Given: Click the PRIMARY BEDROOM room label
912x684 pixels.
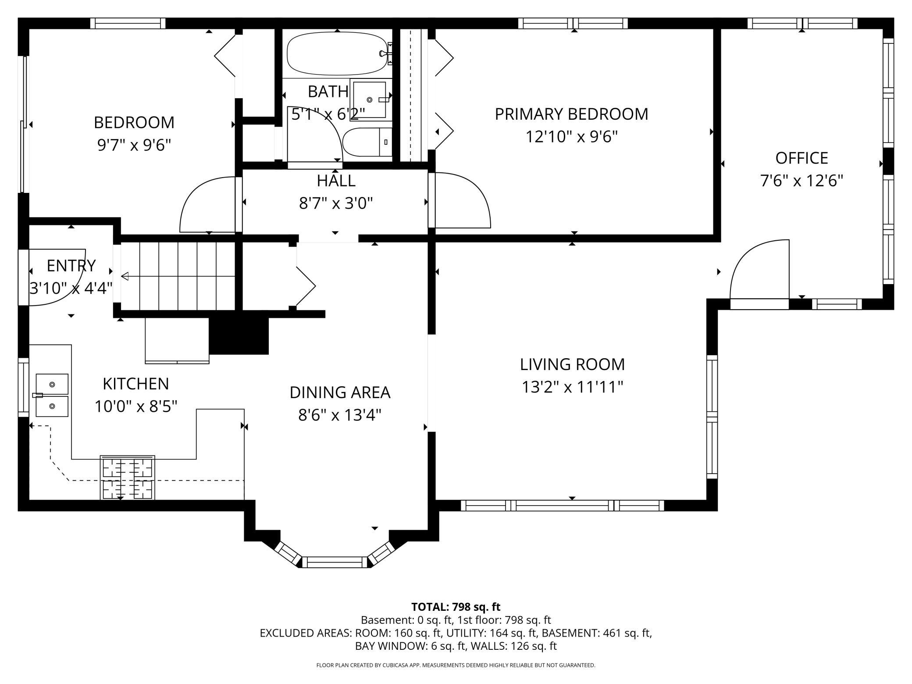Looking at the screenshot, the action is pyautogui.click(x=571, y=114).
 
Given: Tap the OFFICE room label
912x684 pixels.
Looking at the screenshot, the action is pyautogui.click(x=802, y=158).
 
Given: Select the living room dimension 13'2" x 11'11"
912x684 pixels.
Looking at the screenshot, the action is pyautogui.click(x=572, y=387).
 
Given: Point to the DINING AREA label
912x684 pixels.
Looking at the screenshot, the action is pyautogui.click(x=340, y=392).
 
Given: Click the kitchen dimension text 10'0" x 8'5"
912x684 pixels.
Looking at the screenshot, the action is pyautogui.click(x=136, y=406).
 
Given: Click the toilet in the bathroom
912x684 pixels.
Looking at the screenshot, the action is pyautogui.click(x=367, y=142).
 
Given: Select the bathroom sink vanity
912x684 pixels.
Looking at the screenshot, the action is pyautogui.click(x=371, y=100).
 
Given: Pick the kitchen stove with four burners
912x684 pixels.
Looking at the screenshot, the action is pyautogui.click(x=128, y=477).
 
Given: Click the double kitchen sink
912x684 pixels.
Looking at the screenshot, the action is pyautogui.click(x=52, y=395).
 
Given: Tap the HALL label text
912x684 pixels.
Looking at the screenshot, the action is pyautogui.click(x=336, y=181).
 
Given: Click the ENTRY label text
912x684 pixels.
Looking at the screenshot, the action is pyautogui.click(x=71, y=266).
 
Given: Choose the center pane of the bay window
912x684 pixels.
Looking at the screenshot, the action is pyautogui.click(x=335, y=562).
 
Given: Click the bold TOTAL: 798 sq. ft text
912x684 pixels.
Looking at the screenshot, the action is pyautogui.click(x=456, y=607).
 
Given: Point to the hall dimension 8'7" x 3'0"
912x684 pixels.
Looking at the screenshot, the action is pyautogui.click(x=336, y=203).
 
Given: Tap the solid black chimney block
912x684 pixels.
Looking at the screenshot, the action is pyautogui.click(x=239, y=332).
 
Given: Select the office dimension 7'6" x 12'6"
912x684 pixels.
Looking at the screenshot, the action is pyautogui.click(x=802, y=181).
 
